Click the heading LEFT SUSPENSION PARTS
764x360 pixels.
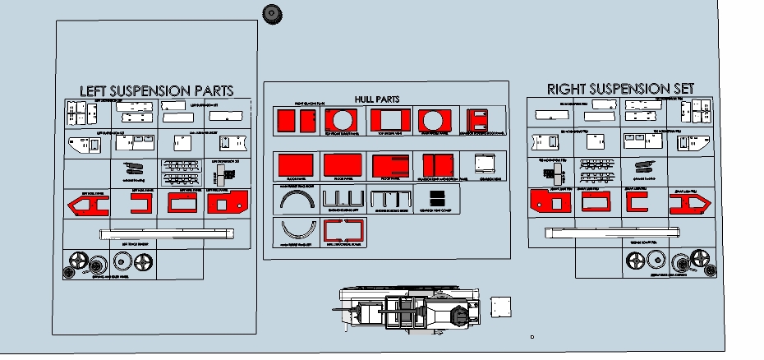tap(156, 90)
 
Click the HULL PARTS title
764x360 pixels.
tap(377, 99)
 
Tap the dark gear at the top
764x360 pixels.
tap(271, 13)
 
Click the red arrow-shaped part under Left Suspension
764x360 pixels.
tap(85, 205)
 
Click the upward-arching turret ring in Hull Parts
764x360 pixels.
tap(293, 199)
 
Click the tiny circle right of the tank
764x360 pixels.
tap(532, 336)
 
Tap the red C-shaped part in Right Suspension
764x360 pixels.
tap(635, 201)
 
